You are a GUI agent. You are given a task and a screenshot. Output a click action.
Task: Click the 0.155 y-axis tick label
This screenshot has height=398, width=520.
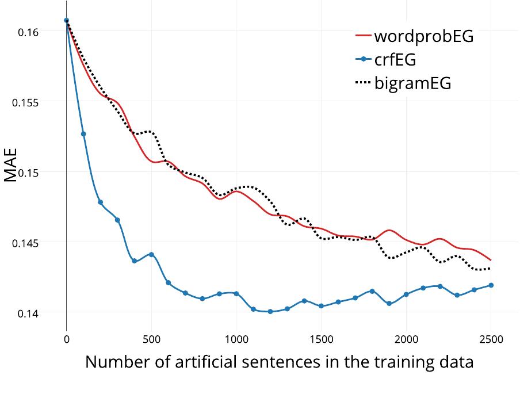pyautogui.click(x=26, y=102)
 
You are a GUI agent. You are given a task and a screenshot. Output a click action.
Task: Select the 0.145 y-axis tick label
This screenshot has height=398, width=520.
pyautogui.click(x=26, y=243)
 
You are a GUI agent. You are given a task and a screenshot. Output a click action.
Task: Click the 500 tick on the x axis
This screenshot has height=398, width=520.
pyautogui.click(x=151, y=339)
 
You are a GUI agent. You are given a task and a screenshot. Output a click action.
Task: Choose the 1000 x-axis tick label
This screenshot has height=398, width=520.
pyautogui.click(x=236, y=339)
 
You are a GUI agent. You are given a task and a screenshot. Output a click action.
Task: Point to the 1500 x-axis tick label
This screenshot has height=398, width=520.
pyautogui.click(x=321, y=339)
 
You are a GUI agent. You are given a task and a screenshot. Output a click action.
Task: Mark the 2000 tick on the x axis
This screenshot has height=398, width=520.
pyautogui.click(x=406, y=339)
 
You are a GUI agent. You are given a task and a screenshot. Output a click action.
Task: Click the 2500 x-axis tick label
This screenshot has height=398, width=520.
pyautogui.click(x=491, y=339)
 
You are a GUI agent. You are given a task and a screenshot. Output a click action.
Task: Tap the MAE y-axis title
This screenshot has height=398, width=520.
pyautogui.click(x=12, y=165)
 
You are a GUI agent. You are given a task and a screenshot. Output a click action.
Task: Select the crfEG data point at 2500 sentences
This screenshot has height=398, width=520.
pyautogui.click(x=491, y=285)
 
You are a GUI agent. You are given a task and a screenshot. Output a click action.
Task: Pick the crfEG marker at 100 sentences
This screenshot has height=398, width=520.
pyautogui.click(x=83, y=134)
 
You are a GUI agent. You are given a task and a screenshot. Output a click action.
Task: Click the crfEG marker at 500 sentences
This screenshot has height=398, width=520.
pyautogui.click(x=151, y=254)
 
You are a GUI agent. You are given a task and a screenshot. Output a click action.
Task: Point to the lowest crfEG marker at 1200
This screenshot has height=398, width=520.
pyautogui.click(x=270, y=312)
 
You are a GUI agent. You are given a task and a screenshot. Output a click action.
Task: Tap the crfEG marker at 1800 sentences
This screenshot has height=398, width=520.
pyautogui.click(x=372, y=291)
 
